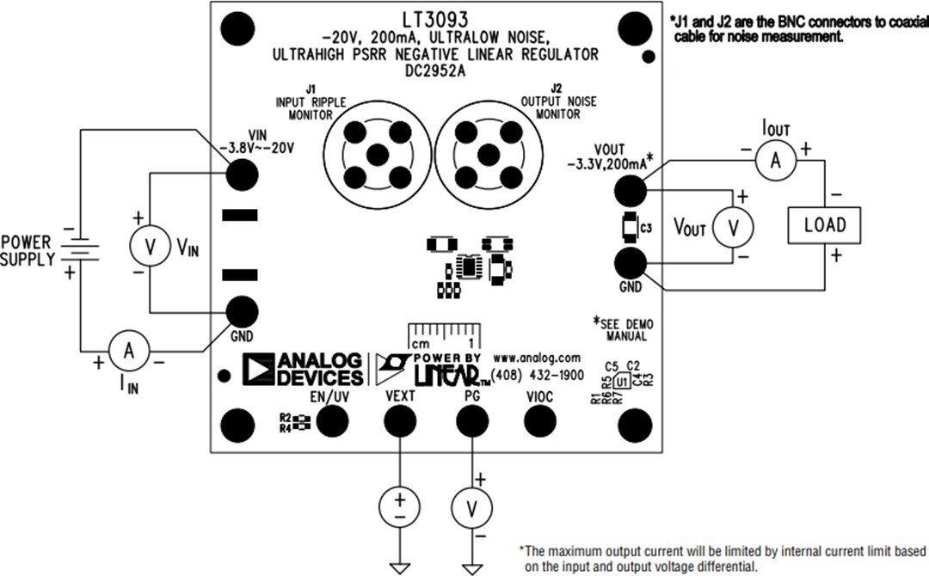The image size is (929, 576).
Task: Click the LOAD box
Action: click(x=825, y=225)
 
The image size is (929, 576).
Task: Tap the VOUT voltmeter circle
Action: click(x=734, y=227)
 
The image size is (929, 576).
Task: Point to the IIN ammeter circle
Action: click(x=128, y=350)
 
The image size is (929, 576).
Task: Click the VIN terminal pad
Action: click(x=242, y=175)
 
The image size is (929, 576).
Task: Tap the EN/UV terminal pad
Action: click(x=331, y=421)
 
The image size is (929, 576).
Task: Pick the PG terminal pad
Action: click(x=471, y=421)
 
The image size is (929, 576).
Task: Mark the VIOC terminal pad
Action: click(x=539, y=421)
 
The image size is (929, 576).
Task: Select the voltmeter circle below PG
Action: click(x=471, y=509)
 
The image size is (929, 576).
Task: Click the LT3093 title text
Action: click(x=435, y=18)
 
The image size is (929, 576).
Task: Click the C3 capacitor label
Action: click(x=646, y=228)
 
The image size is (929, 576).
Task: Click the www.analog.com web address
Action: click(x=537, y=357)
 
